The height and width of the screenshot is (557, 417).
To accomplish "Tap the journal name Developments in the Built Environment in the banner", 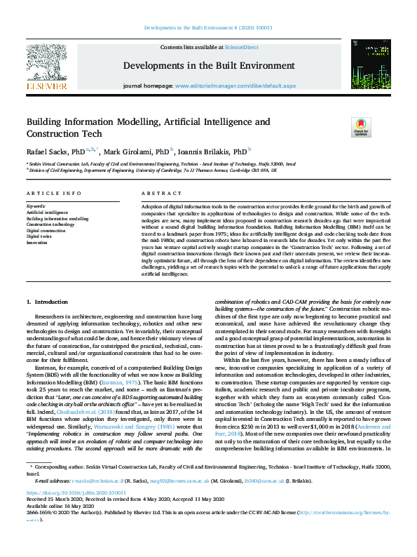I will click(x=207, y=65).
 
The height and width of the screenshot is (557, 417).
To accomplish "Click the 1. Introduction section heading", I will click(x=48, y=302).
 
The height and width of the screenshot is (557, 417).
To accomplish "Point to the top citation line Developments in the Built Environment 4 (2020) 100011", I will click(x=208, y=28).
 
